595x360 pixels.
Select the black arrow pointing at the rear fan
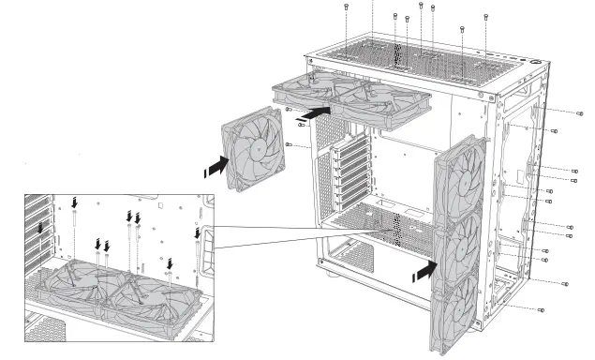click(214, 167)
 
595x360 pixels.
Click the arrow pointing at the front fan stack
click(424, 271)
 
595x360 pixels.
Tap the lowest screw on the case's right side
click(543, 308)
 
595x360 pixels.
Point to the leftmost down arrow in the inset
click(39, 229)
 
